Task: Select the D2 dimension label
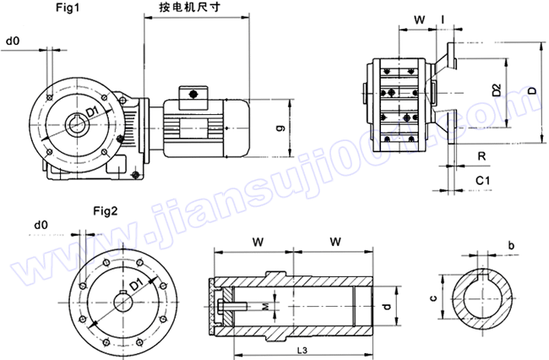click(496, 88)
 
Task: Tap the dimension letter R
click(481, 156)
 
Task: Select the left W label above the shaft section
click(256, 242)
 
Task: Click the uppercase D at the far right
click(531, 89)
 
